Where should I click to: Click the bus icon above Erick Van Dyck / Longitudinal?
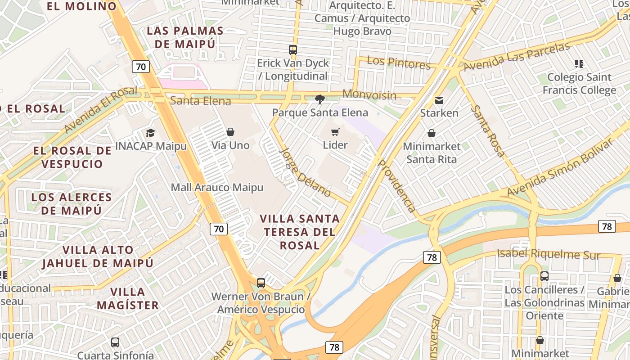pos(293,50)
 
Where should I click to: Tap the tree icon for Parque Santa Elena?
pos(320,99)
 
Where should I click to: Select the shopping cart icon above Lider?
pos(335,132)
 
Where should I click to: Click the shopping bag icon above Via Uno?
pos(230,132)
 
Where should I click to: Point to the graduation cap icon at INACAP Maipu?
pos(150,133)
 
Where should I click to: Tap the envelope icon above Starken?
pos(439,100)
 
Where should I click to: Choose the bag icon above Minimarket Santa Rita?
pos(432,133)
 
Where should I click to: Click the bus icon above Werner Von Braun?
pos(261,283)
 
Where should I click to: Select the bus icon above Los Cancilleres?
pos(544,276)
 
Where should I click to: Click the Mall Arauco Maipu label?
pos(217,187)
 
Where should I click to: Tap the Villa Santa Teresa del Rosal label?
pos(300,232)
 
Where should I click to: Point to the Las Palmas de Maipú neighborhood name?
pos(185,37)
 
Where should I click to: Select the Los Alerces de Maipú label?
pos(72,203)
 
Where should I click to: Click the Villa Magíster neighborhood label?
pos(128,298)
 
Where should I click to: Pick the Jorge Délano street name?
pos(305,172)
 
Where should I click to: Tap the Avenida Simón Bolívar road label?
pos(559,168)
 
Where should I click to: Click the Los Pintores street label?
pos(399,63)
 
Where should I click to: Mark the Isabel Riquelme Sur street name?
pos(549,254)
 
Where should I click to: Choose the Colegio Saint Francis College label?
pos(579,84)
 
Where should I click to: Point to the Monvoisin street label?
pos(369,94)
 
